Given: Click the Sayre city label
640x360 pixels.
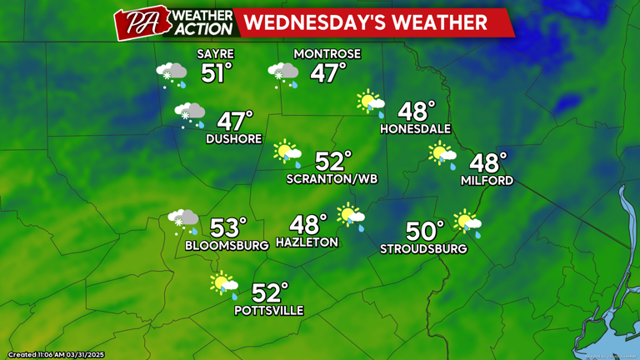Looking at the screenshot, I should coord(214,54).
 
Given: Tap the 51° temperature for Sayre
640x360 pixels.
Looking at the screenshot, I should coord(215,73).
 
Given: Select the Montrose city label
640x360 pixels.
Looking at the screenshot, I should coord(327,54).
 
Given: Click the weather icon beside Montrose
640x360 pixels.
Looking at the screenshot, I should coord(283,75).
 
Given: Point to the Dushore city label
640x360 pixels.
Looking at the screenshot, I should coord(234,139).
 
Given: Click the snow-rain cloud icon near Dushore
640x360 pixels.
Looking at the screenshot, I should coord(190,115).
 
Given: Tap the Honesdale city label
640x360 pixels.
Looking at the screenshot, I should coord(415,129).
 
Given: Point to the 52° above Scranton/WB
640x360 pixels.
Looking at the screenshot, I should coord(333,161).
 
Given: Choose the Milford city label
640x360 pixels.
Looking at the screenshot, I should coord(487,180).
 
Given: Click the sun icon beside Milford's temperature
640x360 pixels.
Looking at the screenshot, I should coord(442,154).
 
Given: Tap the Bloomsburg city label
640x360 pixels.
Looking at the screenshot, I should coord(227,245).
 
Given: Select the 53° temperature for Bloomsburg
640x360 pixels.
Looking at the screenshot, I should coord(228,227).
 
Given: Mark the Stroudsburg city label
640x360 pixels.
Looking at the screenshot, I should coord(423,248).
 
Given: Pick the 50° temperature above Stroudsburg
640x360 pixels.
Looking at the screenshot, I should coord(426,231).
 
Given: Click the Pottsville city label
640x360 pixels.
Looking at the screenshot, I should coord(268,311).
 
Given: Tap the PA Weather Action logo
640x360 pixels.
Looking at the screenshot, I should coord(174,22).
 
